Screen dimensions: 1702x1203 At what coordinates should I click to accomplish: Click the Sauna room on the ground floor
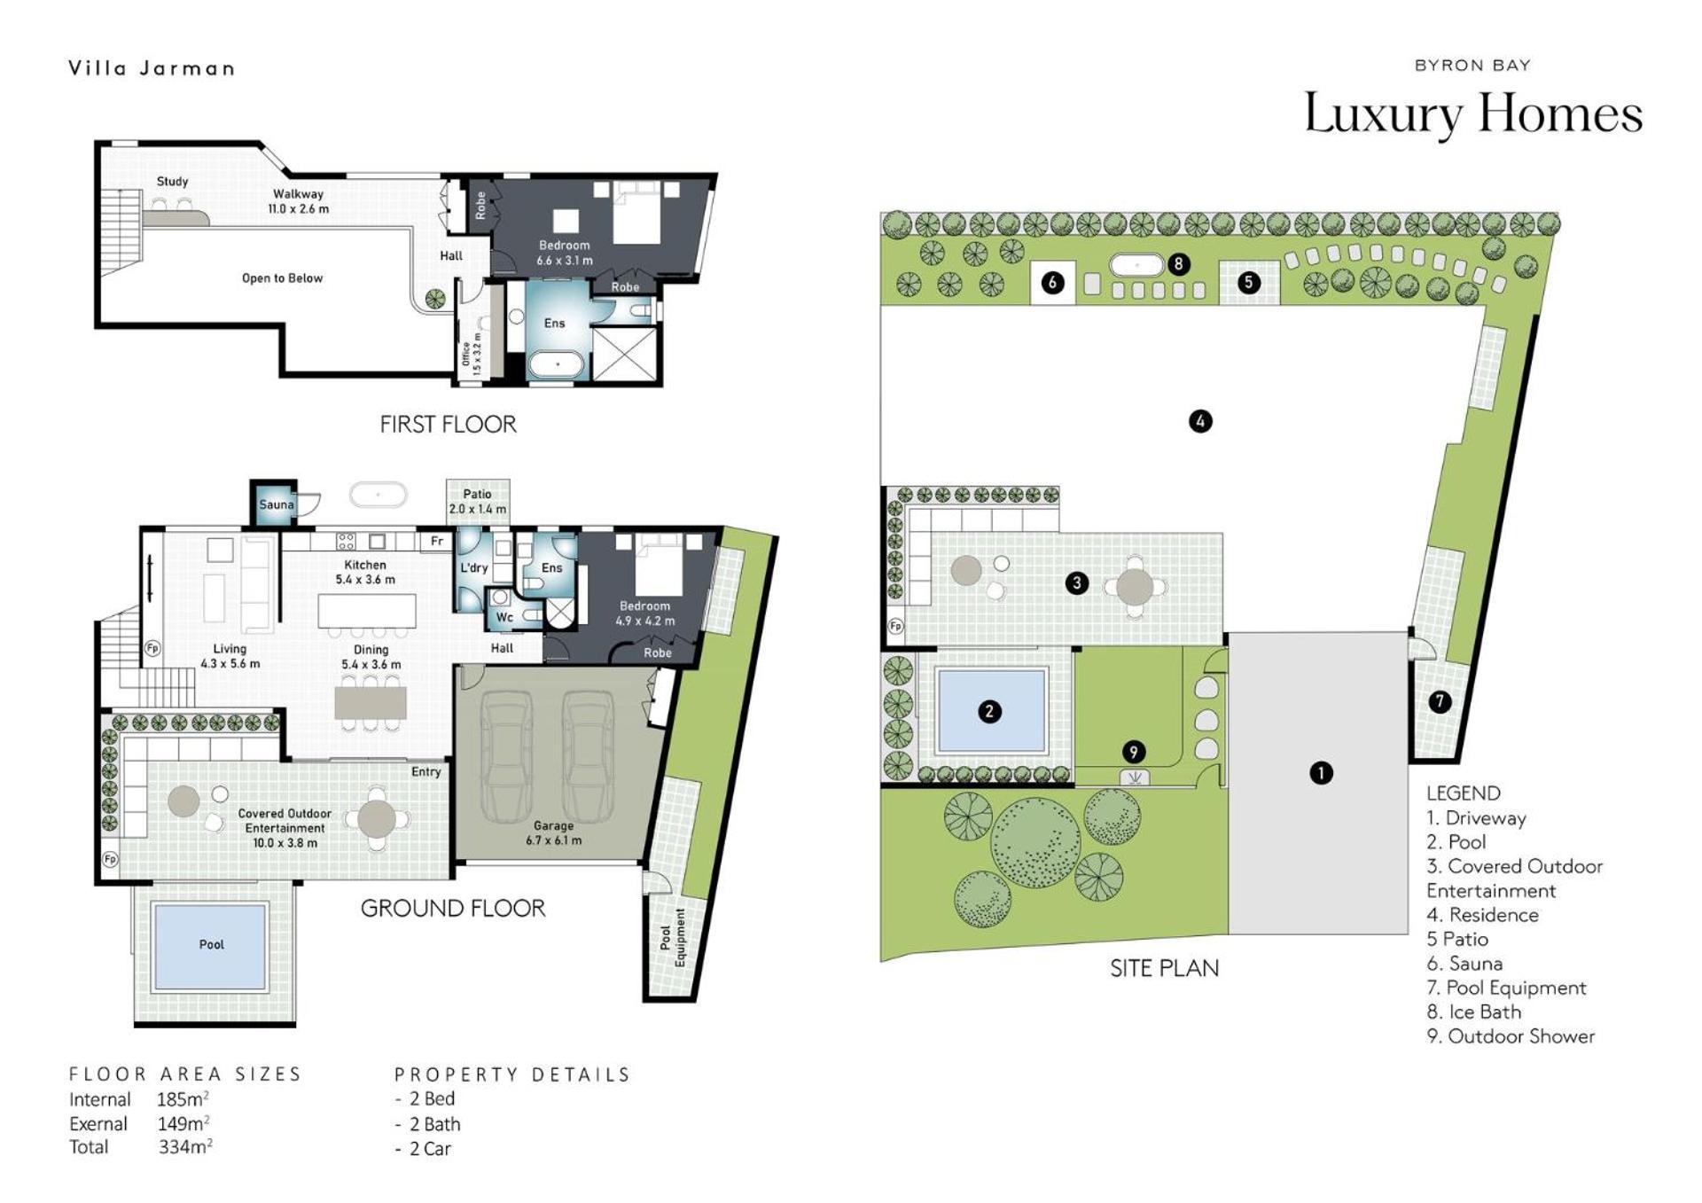275,504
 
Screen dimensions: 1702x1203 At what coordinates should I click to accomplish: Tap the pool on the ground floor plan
210,945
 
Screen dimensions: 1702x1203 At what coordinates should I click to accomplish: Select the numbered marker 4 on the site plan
1200,421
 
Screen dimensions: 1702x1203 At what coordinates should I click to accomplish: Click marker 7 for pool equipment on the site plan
1440,701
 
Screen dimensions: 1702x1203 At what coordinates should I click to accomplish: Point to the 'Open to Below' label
282,278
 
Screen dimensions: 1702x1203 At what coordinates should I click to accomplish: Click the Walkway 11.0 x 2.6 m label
298,201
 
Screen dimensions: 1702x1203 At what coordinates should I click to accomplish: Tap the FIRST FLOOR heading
448,425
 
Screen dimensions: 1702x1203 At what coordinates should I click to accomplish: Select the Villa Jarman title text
152,68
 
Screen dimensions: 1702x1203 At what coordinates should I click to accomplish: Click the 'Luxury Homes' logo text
1473,113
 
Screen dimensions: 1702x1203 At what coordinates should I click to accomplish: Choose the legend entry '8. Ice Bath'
1473,1012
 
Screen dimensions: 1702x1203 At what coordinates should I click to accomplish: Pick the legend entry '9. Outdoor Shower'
1511,1035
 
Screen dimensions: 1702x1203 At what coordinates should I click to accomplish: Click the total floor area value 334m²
185,1147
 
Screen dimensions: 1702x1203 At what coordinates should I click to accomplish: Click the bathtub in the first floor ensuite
557,365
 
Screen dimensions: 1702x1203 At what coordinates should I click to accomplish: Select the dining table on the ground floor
371,703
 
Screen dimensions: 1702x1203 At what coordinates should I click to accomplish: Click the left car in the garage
507,756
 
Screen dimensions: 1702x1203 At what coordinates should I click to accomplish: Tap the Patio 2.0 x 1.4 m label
477,502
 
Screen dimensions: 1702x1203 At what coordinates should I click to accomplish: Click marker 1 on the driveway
1321,773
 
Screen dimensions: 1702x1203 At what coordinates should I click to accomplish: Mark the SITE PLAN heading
1164,968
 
